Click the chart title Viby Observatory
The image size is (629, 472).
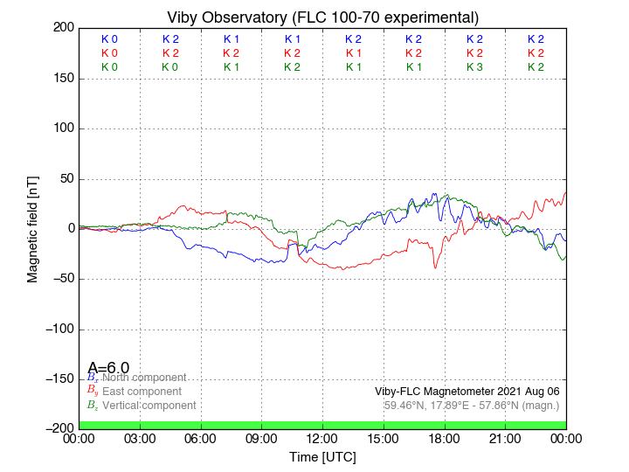[322, 17]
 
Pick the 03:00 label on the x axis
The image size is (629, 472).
[140, 438]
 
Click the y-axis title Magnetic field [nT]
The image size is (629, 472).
[32, 228]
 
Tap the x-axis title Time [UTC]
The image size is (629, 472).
[322, 456]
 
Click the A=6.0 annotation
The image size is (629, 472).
[108, 368]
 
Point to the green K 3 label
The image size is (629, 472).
[474, 67]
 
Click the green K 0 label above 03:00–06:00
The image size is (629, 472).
[170, 67]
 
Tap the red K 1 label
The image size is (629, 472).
[353, 53]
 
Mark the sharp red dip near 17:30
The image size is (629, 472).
[435, 267]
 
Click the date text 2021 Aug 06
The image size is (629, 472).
[524, 392]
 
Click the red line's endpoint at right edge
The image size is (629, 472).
[566, 192]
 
